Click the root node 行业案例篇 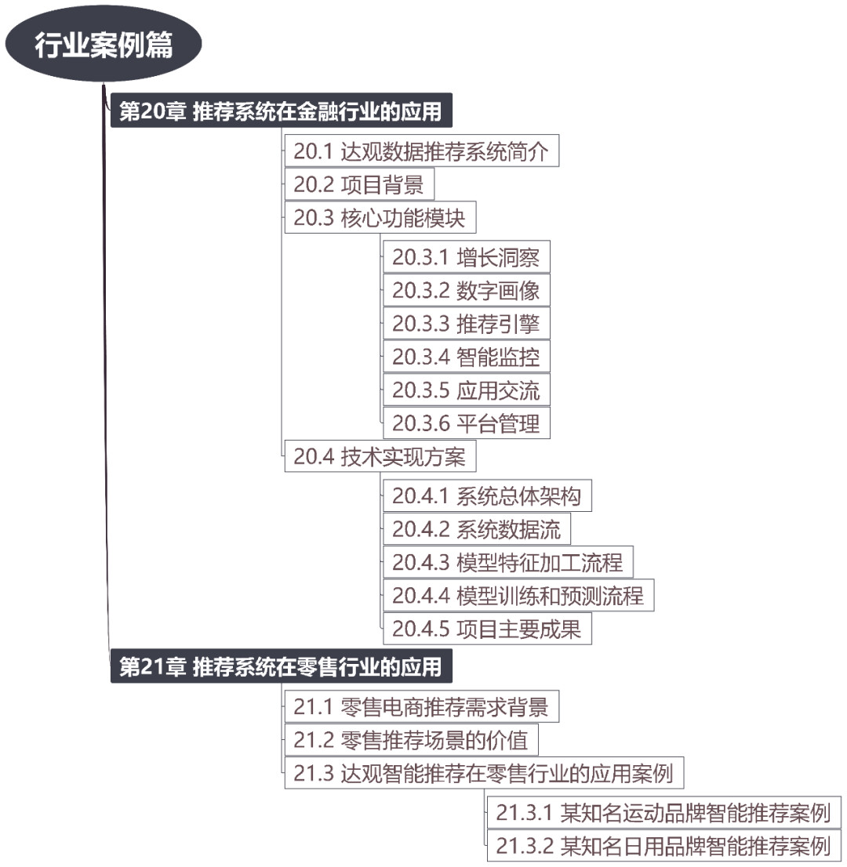[104, 44]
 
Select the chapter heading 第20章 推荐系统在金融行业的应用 [281, 111]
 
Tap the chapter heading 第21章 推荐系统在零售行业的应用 [281, 666]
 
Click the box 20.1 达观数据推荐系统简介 [422, 151]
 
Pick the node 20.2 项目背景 [359, 184]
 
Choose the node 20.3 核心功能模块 [380, 217]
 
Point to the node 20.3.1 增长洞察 [467, 256]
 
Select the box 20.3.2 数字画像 [467, 290]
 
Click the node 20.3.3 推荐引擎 [467, 323]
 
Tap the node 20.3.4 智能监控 [467, 356]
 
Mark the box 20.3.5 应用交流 [467, 390]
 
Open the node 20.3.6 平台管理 [467, 423]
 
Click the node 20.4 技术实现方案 [380, 456]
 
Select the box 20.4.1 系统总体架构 [487, 495]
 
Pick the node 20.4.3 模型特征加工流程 [508, 562]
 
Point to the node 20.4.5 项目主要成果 [487, 628]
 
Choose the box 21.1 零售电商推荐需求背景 [422, 706]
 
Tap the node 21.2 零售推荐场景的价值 [411, 739]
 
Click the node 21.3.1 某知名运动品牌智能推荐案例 [664, 812]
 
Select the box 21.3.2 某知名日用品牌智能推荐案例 [664, 845]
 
